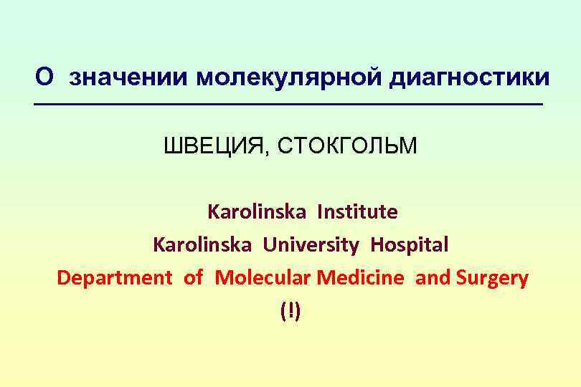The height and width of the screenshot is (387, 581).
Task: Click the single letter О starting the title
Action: pos(44,77)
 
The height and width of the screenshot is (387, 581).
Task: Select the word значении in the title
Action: pos(128,77)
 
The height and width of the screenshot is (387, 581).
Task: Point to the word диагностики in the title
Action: pos(469,77)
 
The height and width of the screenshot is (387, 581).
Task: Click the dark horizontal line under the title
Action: pos(290,106)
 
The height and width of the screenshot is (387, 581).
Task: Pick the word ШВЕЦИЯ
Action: pos(214,147)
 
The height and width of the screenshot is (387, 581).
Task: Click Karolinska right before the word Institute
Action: pos(257,212)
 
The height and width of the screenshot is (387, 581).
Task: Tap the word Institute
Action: pos(357,212)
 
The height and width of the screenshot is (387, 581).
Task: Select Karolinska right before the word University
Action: pos(202,245)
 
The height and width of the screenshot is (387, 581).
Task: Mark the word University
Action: pos(311,245)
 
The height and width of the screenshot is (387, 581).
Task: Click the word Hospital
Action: pos(410,245)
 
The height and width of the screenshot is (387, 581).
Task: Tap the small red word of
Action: pos(194,278)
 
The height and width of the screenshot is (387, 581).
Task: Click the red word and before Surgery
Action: pos(433,278)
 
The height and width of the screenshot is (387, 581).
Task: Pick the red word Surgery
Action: pos(492,278)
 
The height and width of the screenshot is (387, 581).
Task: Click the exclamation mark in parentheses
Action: pos(291,311)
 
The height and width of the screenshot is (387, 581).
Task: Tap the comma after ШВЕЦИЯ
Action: pos(268,152)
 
